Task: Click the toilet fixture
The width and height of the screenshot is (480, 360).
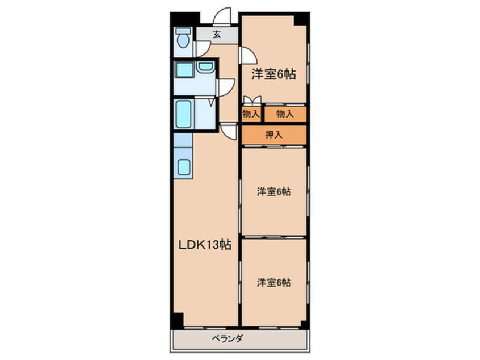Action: [183, 38]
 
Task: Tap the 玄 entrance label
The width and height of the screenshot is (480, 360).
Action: [217, 35]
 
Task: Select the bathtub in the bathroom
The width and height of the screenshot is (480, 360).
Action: [184, 114]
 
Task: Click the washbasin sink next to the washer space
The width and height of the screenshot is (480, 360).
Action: [205, 67]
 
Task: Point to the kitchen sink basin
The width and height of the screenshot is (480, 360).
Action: [184, 168]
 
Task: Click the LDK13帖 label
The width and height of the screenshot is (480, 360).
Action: [205, 245]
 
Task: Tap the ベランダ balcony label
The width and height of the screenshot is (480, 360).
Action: [228, 338]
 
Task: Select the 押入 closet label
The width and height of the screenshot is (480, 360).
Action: [274, 134]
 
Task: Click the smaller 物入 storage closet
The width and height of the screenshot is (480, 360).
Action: [251, 114]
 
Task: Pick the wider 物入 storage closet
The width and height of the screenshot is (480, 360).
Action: [285, 114]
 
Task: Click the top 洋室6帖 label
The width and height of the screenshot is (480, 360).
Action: [273, 74]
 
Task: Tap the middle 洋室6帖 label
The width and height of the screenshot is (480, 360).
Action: [273, 192]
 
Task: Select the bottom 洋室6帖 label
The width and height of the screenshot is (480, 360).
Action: [273, 282]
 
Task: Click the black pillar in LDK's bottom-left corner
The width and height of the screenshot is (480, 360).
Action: [178, 320]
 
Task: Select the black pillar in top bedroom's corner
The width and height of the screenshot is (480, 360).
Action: [301, 20]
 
